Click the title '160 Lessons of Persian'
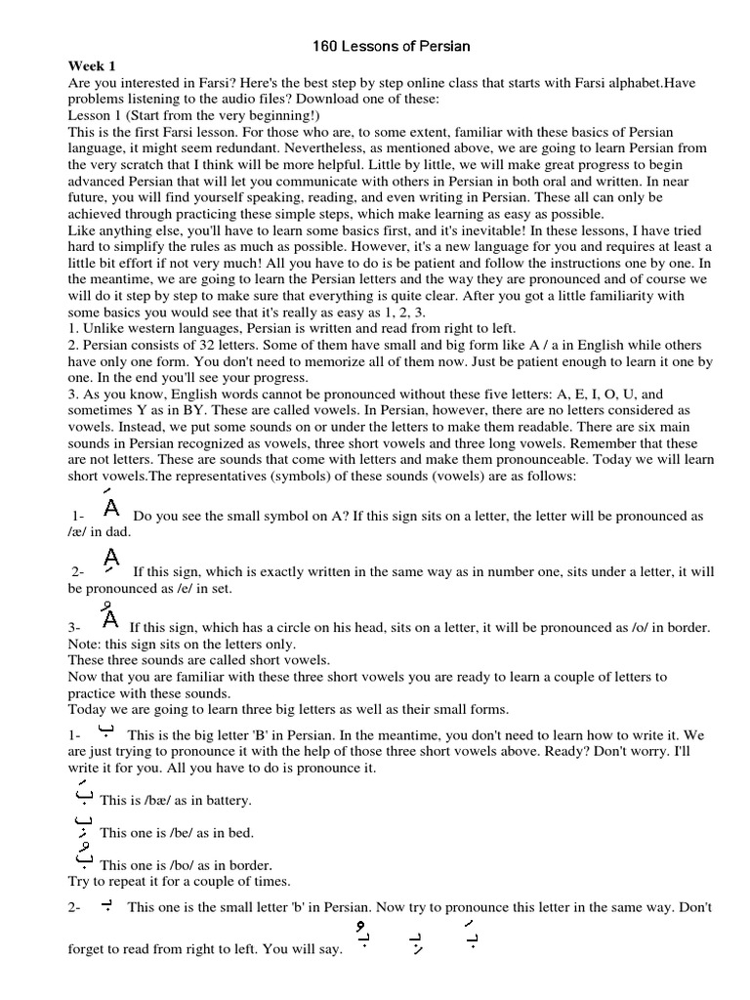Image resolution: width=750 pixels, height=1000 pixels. [375, 46]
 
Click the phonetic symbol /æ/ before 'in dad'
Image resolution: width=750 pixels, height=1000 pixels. [78, 531]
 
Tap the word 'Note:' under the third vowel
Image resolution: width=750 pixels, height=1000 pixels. [85, 645]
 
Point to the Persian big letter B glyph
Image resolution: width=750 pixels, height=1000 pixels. [106, 730]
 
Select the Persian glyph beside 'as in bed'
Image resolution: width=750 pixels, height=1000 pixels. [83, 826]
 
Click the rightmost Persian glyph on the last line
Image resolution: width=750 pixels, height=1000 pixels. [473, 937]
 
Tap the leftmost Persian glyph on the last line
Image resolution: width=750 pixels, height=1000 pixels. [363, 937]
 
